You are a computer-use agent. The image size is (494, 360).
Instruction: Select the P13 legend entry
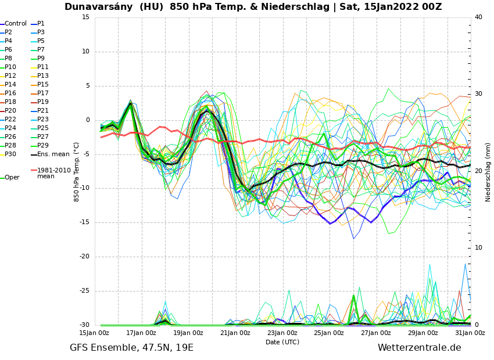pos(43,76)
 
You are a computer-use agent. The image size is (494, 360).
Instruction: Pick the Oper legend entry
pos(12,178)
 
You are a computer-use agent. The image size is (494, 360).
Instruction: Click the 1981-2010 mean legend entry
pos(53,174)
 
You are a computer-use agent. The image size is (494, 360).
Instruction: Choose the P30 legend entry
pos(10,154)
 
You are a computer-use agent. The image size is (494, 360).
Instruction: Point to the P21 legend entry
pos(43,111)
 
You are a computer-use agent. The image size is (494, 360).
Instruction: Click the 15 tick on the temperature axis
pos(85,17)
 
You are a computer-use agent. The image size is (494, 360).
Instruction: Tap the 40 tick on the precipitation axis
pos(478,17)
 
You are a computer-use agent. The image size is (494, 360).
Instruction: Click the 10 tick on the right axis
pos(478,248)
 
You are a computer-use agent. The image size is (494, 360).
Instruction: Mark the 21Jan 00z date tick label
pos(235,333)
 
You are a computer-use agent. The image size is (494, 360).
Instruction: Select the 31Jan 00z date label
pos(470,333)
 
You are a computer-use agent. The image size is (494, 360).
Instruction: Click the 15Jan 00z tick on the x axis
pos(94,333)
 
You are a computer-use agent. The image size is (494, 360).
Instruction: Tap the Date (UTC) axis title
pos(282,343)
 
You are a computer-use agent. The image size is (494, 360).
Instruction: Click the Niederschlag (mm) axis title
pos(488,172)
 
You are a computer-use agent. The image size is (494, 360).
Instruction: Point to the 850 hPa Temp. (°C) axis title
pos(77,172)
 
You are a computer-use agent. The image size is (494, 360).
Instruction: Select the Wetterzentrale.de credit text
pos(419,348)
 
